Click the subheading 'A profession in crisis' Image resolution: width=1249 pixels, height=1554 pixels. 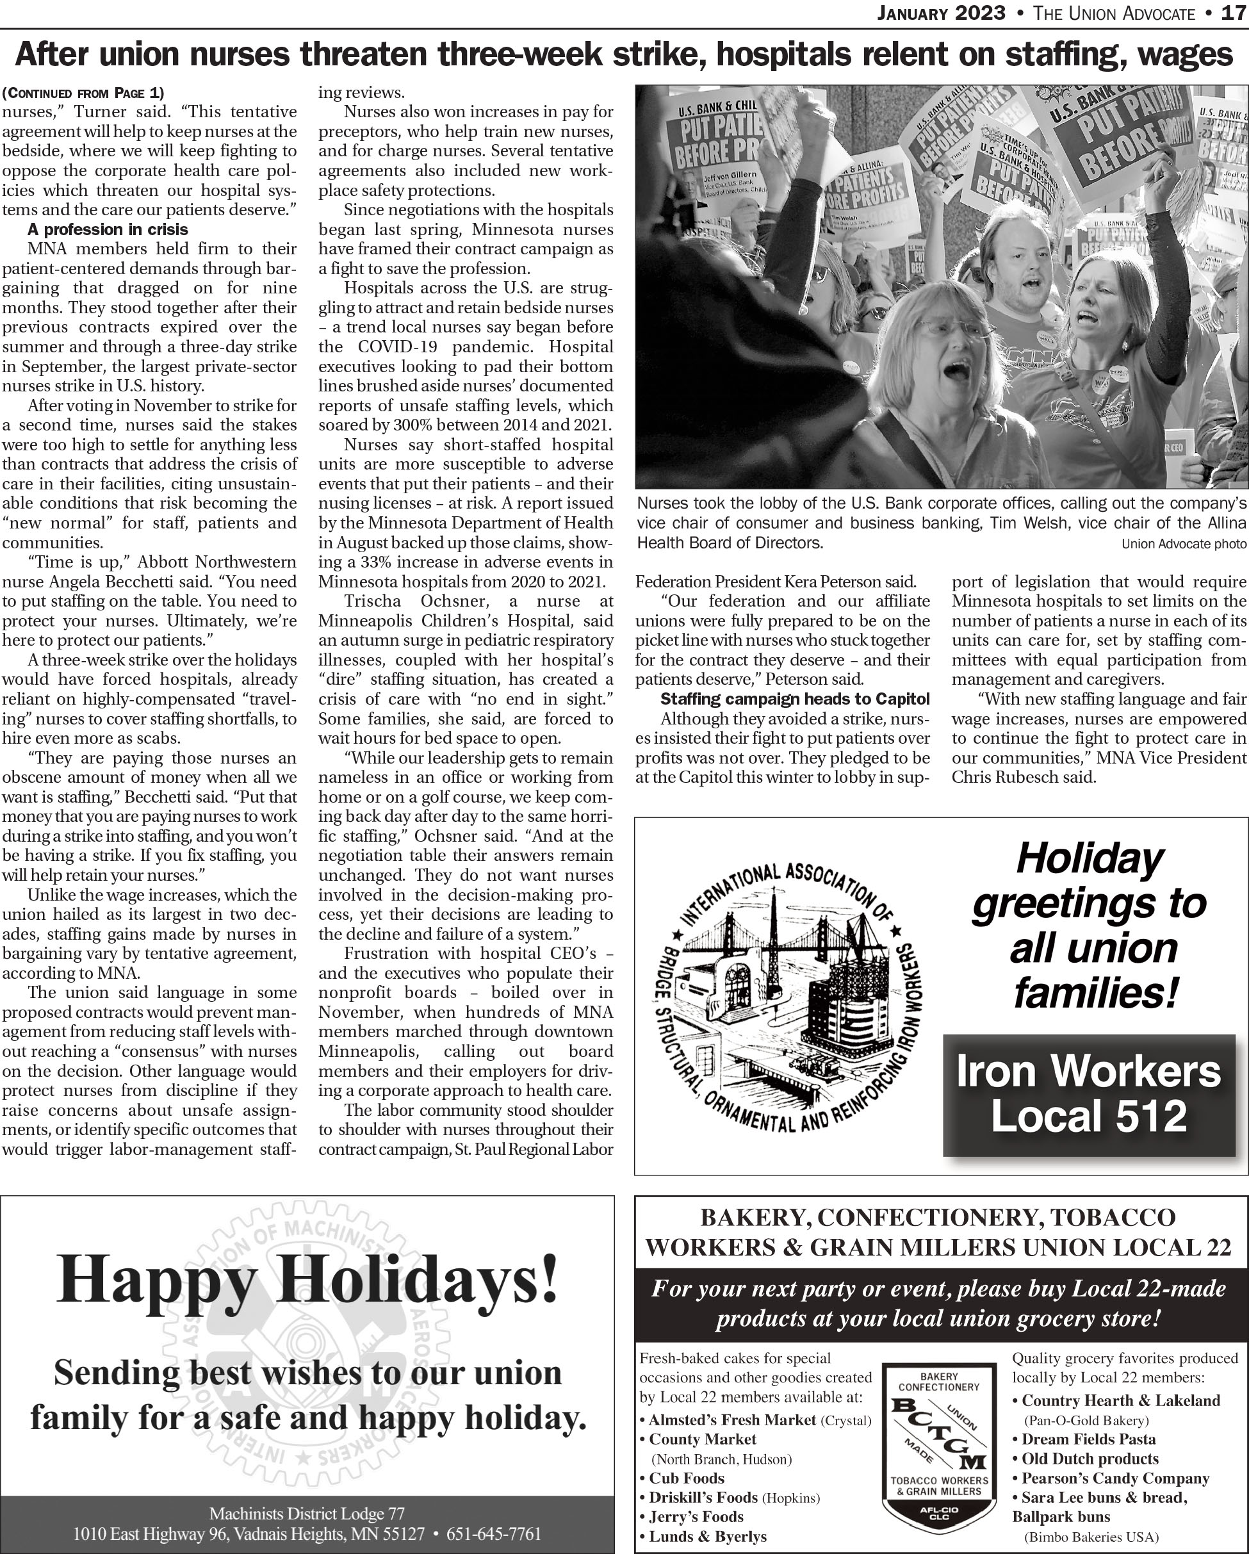click(x=108, y=229)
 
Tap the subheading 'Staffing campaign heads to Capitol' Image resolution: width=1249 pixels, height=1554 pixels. click(x=795, y=698)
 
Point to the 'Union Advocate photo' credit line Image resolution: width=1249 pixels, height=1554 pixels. click(x=1184, y=543)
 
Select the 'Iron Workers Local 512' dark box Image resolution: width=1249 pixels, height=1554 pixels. click(x=1088, y=1094)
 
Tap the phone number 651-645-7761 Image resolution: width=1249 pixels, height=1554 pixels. click(x=494, y=1533)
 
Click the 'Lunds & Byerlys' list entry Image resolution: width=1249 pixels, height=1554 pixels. click(x=707, y=1536)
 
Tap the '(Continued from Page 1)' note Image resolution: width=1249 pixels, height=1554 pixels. click(x=83, y=92)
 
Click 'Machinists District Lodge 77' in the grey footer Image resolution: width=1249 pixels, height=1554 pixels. click(x=307, y=1513)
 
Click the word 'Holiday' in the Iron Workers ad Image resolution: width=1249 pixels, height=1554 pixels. click(x=1089, y=858)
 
